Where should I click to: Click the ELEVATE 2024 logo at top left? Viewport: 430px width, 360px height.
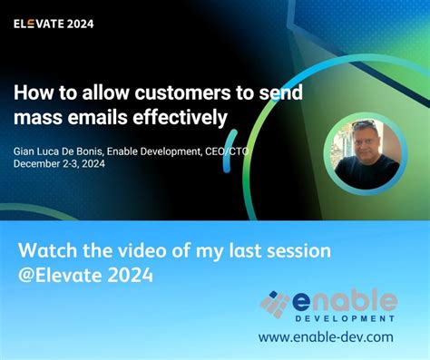pos(53,24)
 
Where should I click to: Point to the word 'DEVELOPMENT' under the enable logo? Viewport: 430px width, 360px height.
pos(345,319)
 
